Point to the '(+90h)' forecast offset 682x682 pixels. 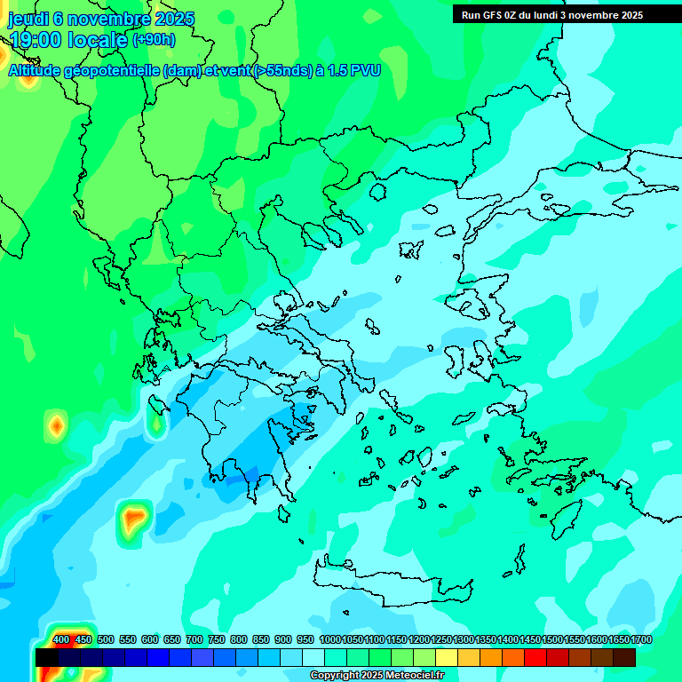(155, 39)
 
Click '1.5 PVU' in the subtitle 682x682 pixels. (353, 70)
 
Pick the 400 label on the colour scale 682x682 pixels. (61, 639)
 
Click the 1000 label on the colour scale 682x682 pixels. (329, 639)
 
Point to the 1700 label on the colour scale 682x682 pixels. (640, 639)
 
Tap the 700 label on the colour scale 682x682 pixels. (194, 639)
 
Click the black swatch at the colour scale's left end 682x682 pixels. (47, 657)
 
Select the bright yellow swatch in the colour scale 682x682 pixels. (447, 657)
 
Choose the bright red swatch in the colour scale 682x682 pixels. (535, 657)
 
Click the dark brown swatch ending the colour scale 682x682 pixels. (624, 657)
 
